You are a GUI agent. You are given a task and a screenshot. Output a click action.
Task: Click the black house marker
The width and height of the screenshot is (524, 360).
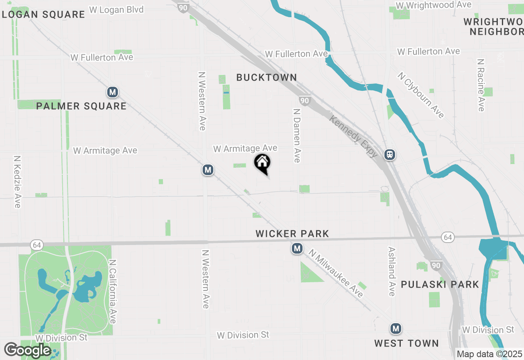point(262,163)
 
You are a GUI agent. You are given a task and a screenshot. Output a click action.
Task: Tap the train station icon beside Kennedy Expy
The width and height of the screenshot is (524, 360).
point(389,154)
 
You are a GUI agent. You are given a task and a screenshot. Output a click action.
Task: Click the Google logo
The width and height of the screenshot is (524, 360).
point(27,350)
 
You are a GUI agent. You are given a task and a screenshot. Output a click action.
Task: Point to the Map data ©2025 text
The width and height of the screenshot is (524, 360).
point(490,354)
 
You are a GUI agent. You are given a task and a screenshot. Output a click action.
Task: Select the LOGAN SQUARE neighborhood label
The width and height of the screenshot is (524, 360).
point(43,14)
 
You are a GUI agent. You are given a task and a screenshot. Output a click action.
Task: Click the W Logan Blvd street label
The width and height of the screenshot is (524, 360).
point(116,9)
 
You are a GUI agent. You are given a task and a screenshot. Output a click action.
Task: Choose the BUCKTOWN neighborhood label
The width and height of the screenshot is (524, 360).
point(267,77)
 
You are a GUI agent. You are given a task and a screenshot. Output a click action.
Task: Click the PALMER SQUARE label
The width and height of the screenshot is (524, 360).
point(81,106)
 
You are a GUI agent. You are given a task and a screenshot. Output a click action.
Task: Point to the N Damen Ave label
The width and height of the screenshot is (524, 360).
point(297,135)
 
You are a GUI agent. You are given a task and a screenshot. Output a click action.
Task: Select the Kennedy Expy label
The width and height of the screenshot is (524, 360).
point(354,136)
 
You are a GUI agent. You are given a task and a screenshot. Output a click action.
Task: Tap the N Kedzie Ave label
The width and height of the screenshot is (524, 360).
point(17,181)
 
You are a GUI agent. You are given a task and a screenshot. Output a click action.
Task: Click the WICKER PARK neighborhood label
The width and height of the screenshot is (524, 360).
point(292,234)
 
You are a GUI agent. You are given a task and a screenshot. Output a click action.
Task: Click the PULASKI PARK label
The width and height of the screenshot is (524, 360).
point(440,284)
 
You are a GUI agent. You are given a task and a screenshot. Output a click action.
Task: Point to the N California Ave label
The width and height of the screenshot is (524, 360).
point(113,291)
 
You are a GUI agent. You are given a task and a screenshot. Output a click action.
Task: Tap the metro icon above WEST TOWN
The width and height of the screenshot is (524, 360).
point(395,328)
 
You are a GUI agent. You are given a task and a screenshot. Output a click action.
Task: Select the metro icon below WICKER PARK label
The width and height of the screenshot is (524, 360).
point(297,248)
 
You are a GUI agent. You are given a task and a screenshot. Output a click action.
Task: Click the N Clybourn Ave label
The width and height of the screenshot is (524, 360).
point(421,95)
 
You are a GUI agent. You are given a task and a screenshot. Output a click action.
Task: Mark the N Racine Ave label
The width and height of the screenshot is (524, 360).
point(481,85)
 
